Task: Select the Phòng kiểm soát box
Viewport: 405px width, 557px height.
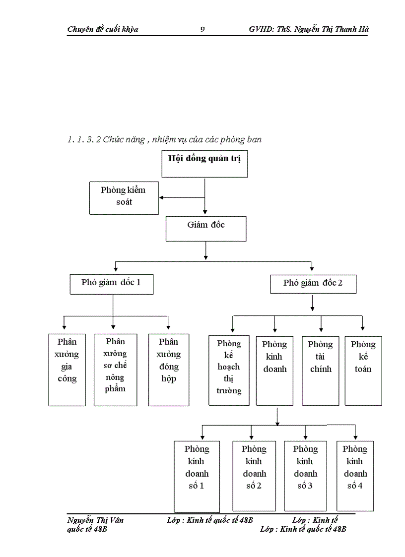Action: tap(124, 197)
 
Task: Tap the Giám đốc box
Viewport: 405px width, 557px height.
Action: tap(205, 229)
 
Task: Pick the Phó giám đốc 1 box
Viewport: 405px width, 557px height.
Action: tap(111, 284)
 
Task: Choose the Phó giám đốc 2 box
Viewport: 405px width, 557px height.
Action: tap(313, 284)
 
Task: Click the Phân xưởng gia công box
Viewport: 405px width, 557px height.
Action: tap(67, 370)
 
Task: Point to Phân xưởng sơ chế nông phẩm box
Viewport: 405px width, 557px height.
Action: tap(115, 370)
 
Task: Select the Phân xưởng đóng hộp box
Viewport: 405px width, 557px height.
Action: tap(169, 370)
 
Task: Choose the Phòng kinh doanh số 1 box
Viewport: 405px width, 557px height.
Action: tap(197, 476)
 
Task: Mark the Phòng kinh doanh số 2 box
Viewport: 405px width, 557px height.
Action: tap(254, 476)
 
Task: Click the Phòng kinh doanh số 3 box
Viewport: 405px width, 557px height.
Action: tap(305, 476)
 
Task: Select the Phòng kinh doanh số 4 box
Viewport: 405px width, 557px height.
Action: tap(355, 476)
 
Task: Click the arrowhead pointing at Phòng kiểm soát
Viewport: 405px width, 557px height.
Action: tap(162, 198)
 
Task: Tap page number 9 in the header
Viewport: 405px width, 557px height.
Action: tap(202, 29)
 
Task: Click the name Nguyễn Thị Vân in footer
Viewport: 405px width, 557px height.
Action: tap(95, 520)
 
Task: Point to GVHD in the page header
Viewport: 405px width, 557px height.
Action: tap(261, 29)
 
